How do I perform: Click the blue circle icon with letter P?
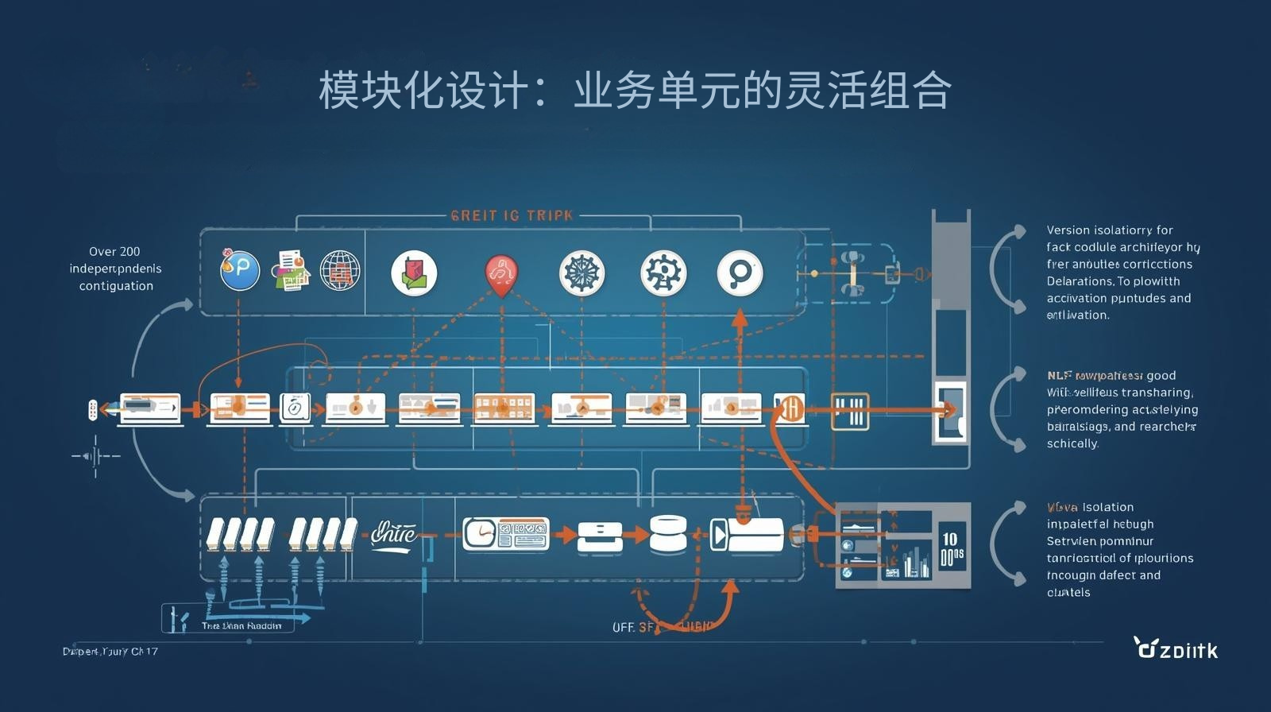click(240, 270)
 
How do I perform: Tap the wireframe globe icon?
click(340, 270)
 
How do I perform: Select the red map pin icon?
click(501, 275)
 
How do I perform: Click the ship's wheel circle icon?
click(581, 273)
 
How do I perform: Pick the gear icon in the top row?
click(663, 273)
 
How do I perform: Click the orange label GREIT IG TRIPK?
click(512, 215)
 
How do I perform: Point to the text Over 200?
click(114, 251)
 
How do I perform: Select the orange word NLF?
click(1059, 375)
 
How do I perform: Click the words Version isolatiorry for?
click(1109, 230)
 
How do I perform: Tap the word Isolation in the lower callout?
click(1108, 507)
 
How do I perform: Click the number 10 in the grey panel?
click(950, 540)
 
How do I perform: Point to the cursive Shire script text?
click(393, 533)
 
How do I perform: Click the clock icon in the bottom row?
click(479, 534)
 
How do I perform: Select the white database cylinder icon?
click(667, 534)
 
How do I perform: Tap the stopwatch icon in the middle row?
click(295, 408)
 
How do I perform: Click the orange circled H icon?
click(791, 408)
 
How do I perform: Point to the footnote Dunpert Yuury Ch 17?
click(110, 652)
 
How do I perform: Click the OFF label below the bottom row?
click(623, 628)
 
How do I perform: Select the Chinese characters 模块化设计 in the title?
click(423, 91)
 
